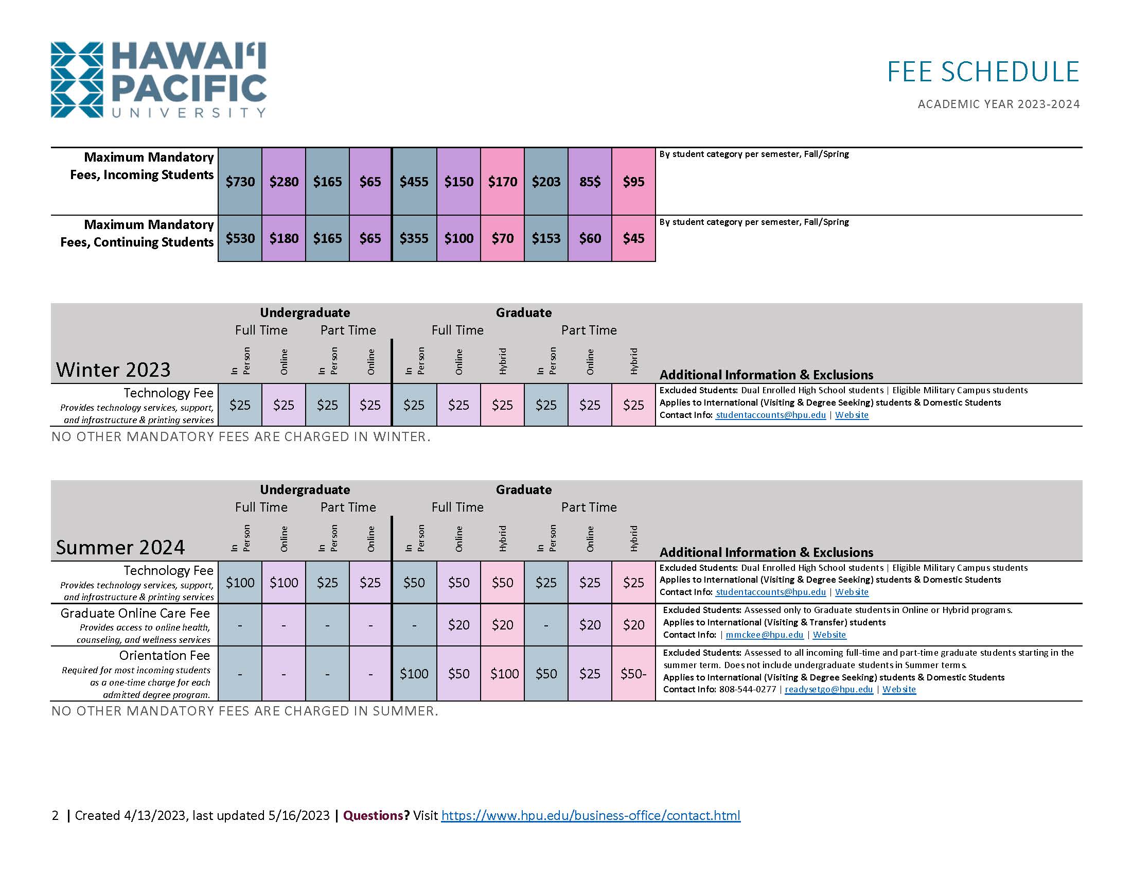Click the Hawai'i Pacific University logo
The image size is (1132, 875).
click(158, 79)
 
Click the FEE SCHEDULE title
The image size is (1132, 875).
click(983, 72)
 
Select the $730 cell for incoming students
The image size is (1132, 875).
click(240, 182)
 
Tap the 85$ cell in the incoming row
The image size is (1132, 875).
click(590, 182)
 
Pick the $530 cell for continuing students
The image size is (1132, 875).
click(240, 238)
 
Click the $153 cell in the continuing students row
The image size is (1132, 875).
click(546, 238)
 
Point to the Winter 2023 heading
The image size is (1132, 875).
click(113, 370)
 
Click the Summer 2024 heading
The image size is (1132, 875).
click(120, 548)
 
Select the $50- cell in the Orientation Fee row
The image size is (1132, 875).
click(633, 673)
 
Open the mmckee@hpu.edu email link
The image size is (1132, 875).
click(764, 635)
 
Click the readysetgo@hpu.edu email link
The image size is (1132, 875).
click(828, 689)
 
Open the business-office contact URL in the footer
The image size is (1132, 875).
click(590, 815)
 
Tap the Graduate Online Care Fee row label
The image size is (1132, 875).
click(135, 613)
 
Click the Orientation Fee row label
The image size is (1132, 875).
click(164, 656)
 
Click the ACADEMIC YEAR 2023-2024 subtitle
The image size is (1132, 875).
click(998, 104)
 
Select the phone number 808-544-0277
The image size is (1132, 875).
click(748, 689)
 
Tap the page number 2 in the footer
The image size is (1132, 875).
click(55, 815)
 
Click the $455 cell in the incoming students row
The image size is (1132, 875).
click(414, 182)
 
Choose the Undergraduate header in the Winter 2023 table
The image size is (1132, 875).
click(305, 312)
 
